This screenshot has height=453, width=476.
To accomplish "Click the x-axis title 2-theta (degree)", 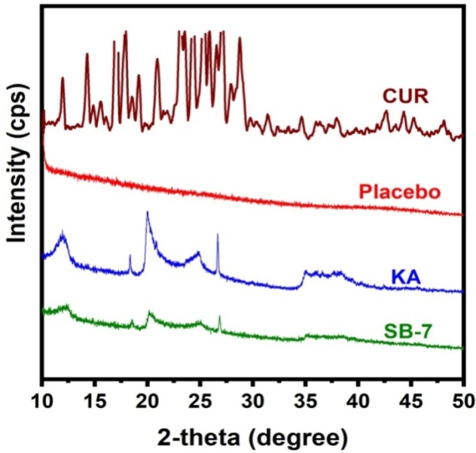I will coord(253,436).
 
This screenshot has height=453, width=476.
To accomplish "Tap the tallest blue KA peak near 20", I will coord(147,214).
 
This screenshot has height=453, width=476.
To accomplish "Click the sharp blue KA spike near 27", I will coord(218,236).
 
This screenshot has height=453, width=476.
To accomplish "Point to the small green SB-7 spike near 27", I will coord(219,318).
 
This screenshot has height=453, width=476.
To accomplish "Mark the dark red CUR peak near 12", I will coord(63,78).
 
